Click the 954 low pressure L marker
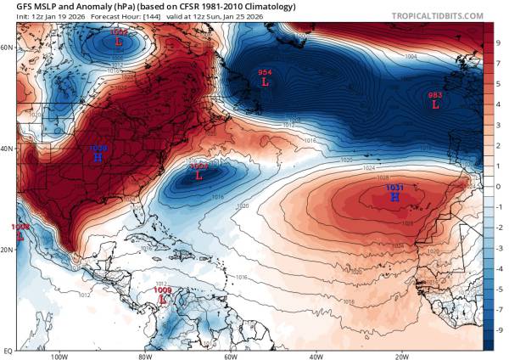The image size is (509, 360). click(265, 83)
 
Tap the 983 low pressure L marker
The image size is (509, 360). click(435, 105)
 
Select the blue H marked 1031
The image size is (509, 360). click(394, 197)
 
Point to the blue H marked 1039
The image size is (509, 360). click(98, 158)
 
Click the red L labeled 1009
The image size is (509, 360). click(162, 301)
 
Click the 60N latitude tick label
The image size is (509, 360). click(7, 48)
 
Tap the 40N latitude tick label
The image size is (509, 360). click(7, 148)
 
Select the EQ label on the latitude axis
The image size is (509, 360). click(7, 349)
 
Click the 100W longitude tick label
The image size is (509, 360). click(59, 356)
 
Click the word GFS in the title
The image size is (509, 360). click(15, 7)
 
